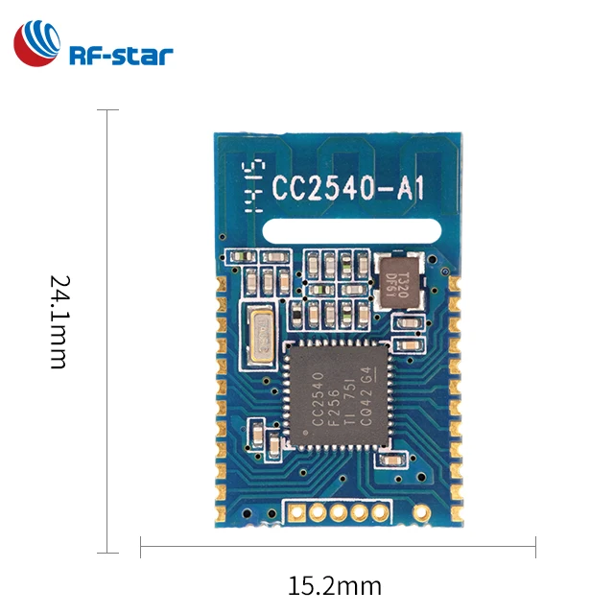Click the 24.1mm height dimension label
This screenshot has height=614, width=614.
59,322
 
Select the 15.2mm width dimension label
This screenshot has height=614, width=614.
334,585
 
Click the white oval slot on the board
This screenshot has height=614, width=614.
350,230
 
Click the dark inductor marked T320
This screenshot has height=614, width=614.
395,280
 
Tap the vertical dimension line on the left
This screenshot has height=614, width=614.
106,331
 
